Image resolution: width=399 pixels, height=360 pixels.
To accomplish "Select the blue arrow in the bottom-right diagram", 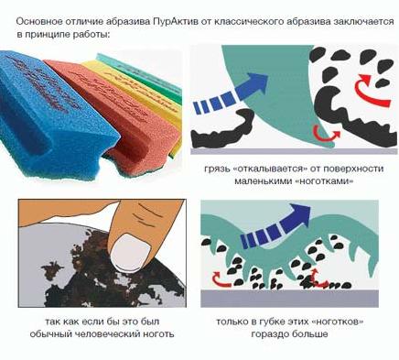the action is (x=275, y=225).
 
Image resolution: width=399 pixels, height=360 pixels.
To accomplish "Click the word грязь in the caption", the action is (x=217, y=169).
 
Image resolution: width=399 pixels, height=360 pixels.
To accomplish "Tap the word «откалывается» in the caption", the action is (x=269, y=169).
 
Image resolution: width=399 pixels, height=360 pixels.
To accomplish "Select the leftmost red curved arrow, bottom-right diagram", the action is (x=221, y=280).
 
